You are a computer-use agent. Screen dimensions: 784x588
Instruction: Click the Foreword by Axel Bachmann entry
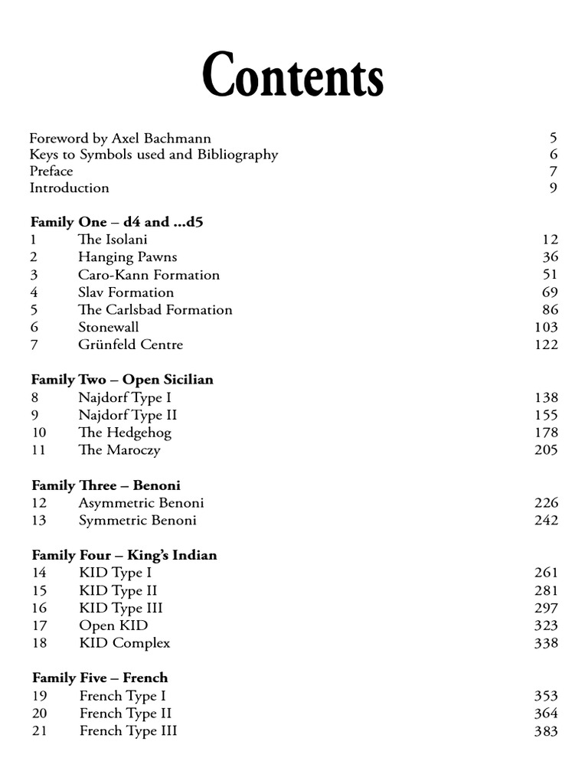pos(120,139)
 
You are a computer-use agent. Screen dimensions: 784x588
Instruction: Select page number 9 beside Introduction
pos(554,188)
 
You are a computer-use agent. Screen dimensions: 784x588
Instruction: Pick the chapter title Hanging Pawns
pos(127,257)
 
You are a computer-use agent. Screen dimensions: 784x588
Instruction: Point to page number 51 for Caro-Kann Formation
pos(550,275)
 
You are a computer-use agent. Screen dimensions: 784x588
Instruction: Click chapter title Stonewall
pos(108,327)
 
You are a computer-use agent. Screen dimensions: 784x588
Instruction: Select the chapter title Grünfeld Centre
pos(130,345)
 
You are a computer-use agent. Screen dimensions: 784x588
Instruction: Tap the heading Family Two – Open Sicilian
pos(122,380)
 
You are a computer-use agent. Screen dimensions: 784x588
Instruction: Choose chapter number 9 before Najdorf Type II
pos(35,415)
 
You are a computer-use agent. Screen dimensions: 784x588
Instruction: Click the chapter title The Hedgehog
pos(124,433)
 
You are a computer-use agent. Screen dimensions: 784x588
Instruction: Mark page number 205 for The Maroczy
pos(546,450)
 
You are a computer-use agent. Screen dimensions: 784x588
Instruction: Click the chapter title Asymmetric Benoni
pos(141,503)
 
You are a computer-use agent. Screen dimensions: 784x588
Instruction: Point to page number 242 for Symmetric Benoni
pos(546,521)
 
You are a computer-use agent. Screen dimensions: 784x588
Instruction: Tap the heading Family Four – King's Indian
pos(124,555)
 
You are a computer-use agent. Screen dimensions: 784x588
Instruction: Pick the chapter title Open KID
pos(113,626)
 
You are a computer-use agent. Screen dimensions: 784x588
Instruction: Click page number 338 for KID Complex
pos(546,643)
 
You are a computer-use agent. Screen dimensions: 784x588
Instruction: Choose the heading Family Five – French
pos(100,678)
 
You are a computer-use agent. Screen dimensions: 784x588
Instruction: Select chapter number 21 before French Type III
pos(39,730)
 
